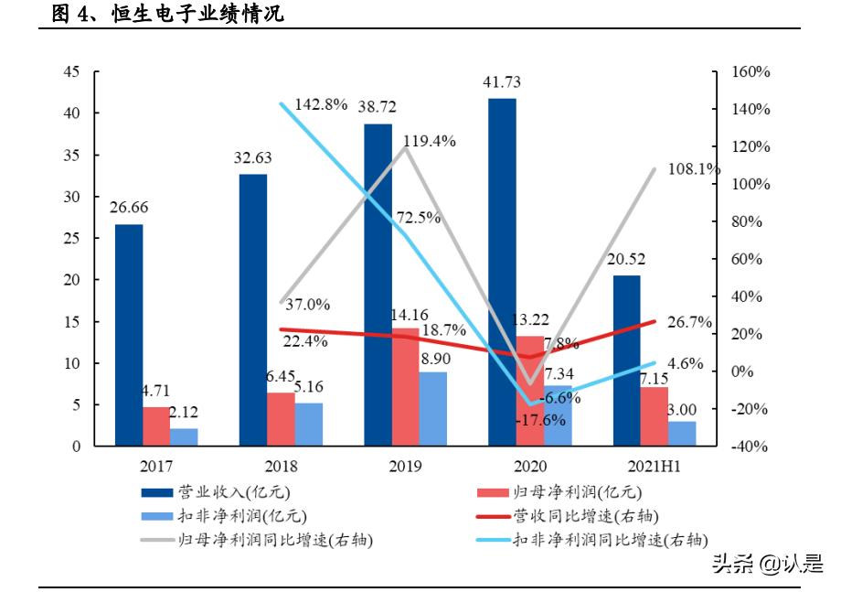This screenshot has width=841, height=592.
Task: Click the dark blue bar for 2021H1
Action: (x=626, y=361)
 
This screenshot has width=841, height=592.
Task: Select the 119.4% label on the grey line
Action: (x=430, y=142)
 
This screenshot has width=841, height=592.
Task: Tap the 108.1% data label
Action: (x=694, y=169)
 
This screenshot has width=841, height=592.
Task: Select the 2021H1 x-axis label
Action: (x=653, y=467)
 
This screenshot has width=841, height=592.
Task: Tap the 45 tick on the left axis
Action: (x=72, y=71)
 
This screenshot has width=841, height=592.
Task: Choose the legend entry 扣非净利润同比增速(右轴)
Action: (x=611, y=540)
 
